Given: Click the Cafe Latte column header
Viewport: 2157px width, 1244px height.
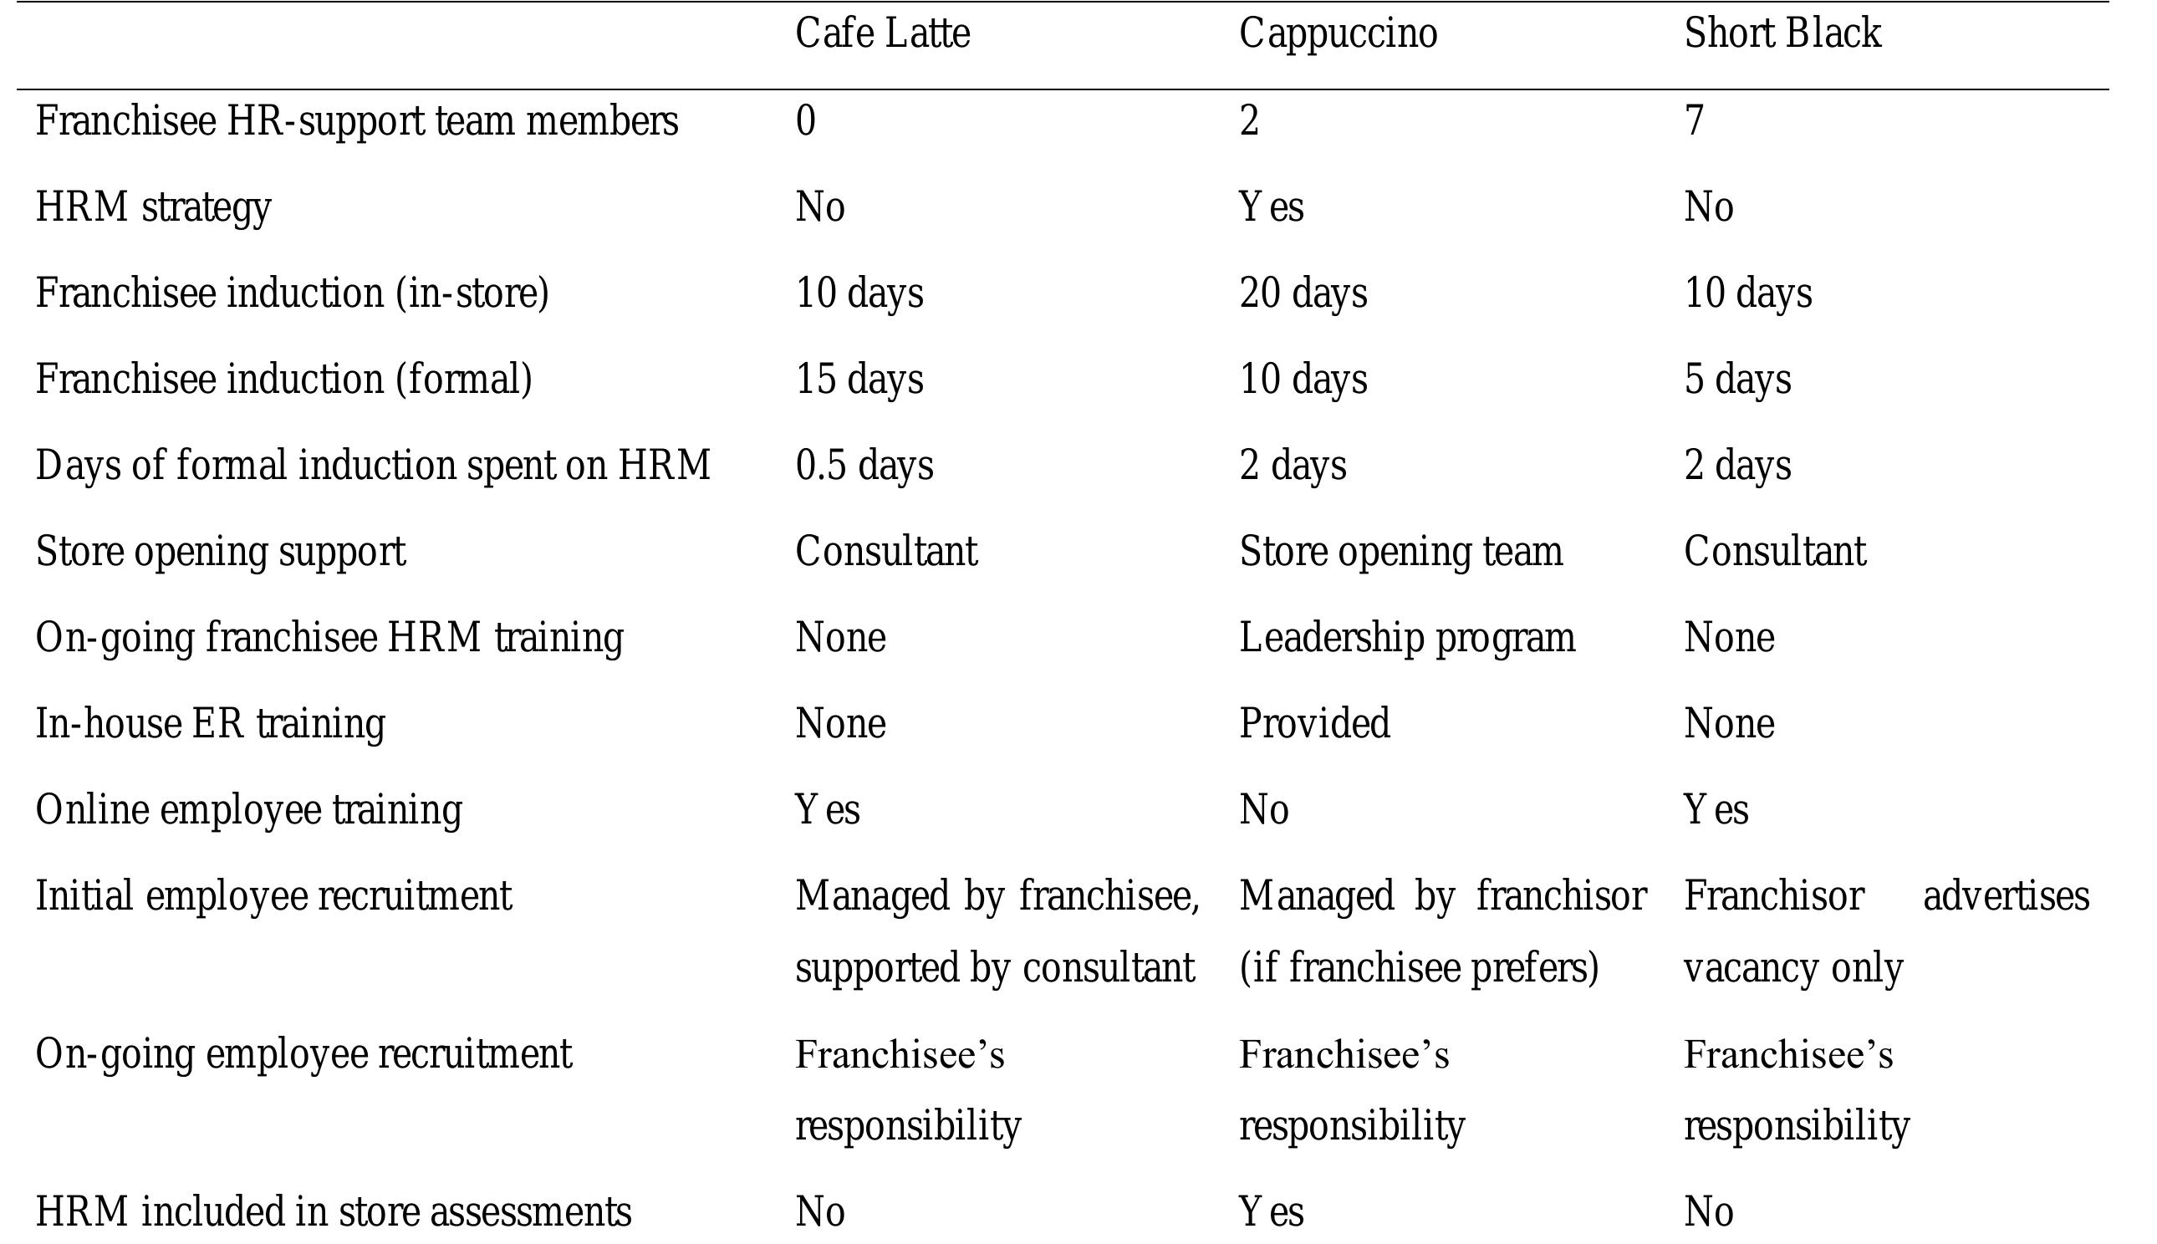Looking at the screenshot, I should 883,34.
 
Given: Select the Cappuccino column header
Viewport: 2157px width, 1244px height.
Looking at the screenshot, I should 1338,34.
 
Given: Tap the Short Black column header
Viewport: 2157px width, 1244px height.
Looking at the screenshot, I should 1782,34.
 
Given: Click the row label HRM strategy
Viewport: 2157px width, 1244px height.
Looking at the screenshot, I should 153,207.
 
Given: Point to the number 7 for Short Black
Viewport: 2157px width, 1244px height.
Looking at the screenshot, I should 1694,120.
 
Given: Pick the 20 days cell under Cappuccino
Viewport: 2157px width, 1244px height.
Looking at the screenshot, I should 1303,293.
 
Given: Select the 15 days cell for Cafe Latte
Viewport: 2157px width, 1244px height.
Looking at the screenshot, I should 859,379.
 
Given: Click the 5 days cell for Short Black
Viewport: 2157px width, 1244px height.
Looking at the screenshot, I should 1736,379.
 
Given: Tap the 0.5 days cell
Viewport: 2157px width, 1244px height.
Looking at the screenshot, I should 864,466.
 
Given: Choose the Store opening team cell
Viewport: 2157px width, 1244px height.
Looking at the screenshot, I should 1400,551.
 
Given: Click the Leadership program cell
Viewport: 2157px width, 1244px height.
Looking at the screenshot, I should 1407,637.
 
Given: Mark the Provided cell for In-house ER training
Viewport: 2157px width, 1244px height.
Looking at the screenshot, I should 1314,724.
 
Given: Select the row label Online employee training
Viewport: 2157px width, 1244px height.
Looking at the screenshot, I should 248,810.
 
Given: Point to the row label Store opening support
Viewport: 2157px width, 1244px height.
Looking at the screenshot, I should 221,551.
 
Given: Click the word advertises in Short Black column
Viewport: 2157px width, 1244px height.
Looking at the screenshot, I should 2006,896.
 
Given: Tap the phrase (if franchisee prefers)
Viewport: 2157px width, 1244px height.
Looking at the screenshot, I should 1418,968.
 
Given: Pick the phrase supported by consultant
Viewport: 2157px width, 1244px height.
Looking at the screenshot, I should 994,968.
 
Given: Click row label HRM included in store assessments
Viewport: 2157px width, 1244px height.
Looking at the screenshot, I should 333,1211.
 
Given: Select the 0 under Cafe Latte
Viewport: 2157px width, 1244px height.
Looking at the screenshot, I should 806,120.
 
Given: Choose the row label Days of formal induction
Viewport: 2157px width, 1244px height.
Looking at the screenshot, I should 372,466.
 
